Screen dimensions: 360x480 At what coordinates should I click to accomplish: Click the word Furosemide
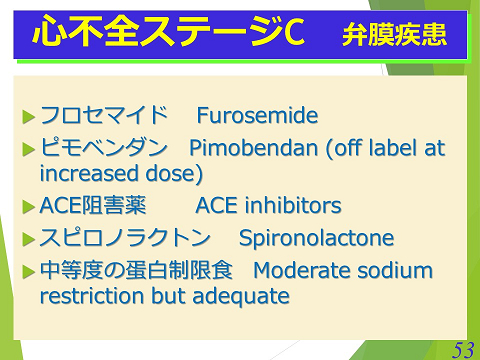coord(257,116)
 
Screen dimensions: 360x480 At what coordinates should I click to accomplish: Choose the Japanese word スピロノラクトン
coord(125,239)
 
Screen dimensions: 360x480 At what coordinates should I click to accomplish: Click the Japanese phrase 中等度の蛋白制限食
coord(135,271)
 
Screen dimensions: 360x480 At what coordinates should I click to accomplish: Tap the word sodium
coord(397,271)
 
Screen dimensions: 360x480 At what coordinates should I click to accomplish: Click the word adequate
coord(246,296)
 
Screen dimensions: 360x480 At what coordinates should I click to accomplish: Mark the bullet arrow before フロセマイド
coord(28,117)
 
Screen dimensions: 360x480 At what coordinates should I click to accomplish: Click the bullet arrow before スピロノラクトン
coord(28,240)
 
